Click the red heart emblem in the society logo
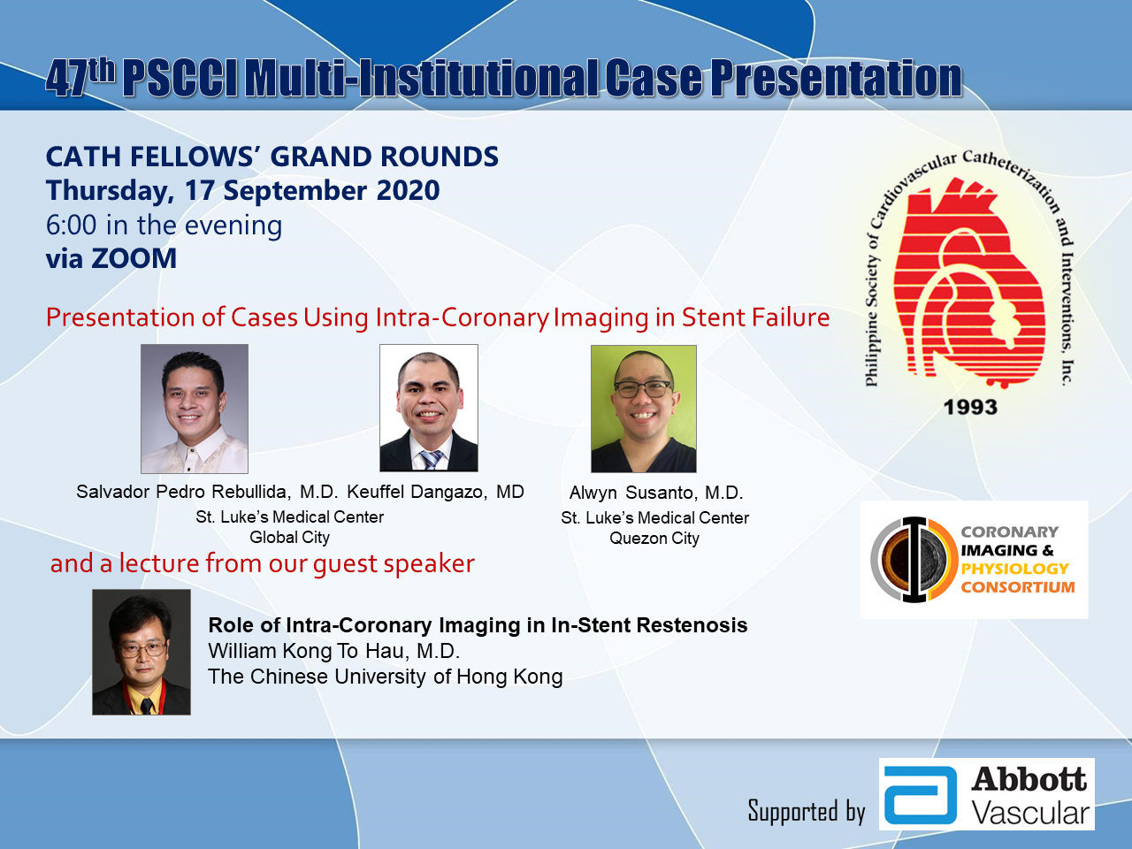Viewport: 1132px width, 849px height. click(x=969, y=282)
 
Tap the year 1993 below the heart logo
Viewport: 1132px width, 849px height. click(x=970, y=407)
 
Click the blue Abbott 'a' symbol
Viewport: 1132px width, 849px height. click(x=921, y=795)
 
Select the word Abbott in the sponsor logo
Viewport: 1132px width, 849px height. click(x=1029, y=779)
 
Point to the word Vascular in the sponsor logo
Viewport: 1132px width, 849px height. click(x=1031, y=814)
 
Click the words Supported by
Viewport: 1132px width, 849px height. click(x=806, y=811)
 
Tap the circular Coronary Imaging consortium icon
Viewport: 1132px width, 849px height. click(x=914, y=559)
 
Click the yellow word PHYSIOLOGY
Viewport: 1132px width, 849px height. click(x=1014, y=569)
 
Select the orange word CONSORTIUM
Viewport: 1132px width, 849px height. click(x=1018, y=587)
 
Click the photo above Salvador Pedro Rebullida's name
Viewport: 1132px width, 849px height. click(x=195, y=409)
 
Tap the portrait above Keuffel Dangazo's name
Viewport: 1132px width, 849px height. click(x=429, y=408)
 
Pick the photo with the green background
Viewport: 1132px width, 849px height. click(x=644, y=409)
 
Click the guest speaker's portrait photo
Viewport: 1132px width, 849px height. click(x=141, y=652)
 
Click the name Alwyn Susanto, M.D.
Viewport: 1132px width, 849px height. click(x=656, y=493)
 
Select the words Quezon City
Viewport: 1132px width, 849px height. click(x=654, y=539)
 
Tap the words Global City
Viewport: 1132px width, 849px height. click(x=289, y=537)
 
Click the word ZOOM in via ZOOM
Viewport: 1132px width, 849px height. click(x=134, y=258)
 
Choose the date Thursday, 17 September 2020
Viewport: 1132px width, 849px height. click(x=242, y=191)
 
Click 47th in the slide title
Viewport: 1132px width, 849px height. click(x=80, y=78)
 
